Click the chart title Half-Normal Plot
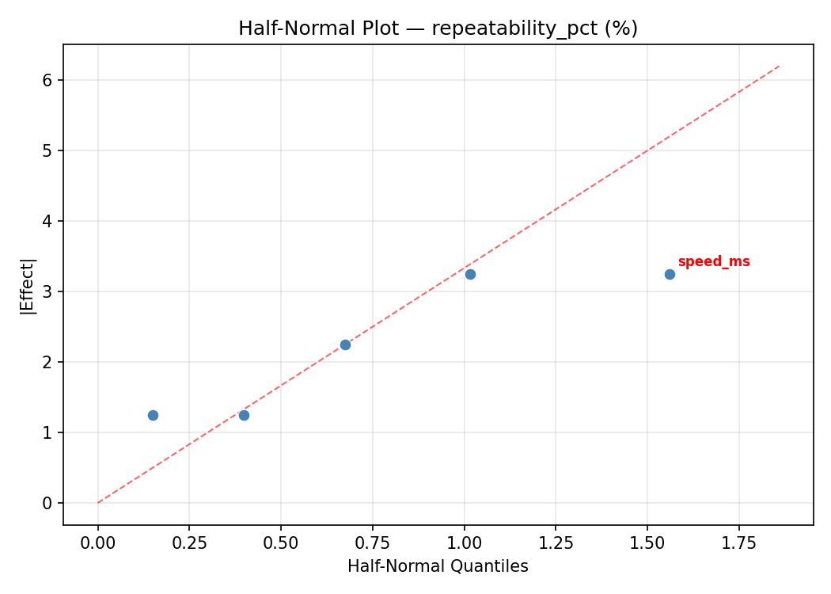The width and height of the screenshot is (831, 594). tap(438, 29)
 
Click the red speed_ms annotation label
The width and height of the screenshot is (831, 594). tap(713, 262)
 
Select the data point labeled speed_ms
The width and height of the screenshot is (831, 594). tap(670, 274)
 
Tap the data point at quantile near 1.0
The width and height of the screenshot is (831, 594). tap(470, 274)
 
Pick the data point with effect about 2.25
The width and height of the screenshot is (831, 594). tap(345, 345)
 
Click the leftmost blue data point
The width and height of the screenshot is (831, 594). tap(153, 415)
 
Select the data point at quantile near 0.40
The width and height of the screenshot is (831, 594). tap(244, 415)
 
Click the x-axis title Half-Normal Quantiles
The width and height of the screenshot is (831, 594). tap(438, 567)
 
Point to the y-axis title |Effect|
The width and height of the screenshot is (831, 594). tap(28, 285)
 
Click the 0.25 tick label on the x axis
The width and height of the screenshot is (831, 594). tap(189, 543)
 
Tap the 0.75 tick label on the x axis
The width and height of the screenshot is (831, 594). tap(372, 543)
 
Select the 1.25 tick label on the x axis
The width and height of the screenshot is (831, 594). tap(556, 543)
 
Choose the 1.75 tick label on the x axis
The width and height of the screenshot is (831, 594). tap(738, 543)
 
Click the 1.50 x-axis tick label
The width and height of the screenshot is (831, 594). tap(647, 543)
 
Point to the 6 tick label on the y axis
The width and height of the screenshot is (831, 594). tap(48, 81)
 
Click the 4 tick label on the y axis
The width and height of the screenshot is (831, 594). tap(48, 222)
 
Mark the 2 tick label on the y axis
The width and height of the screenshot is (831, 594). tap(48, 363)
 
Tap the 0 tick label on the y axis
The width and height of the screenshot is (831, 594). tap(48, 504)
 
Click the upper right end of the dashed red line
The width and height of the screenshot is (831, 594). tap(780, 66)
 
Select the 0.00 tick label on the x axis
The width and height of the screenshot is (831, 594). tap(98, 543)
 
